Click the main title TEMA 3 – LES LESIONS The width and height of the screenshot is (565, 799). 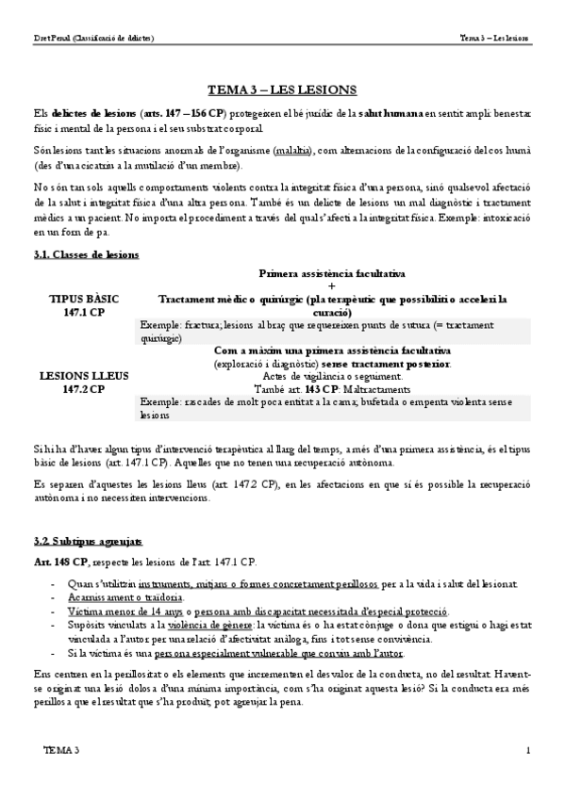(282, 90)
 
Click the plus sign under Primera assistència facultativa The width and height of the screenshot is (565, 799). (331, 285)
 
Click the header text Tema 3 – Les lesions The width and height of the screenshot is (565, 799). (494, 39)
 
